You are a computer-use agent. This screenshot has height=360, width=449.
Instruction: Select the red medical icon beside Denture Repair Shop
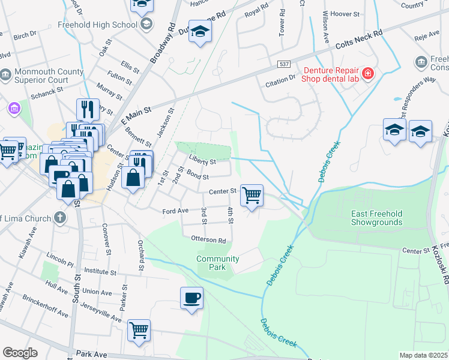368,74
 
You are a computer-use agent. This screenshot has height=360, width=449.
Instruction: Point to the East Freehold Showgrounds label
377,218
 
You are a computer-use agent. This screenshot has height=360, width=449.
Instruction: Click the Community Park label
218,263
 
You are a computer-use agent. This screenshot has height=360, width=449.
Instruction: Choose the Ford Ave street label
175,211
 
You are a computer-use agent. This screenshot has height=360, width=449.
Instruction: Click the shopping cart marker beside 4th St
252,194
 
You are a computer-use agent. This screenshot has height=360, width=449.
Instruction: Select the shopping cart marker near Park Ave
139,329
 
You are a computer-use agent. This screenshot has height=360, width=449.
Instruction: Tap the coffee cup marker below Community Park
191,298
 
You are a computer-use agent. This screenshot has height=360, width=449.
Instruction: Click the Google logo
20,353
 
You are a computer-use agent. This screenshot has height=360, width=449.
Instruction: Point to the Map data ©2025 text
423,355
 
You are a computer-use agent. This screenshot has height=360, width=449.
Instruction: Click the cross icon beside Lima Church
59,218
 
